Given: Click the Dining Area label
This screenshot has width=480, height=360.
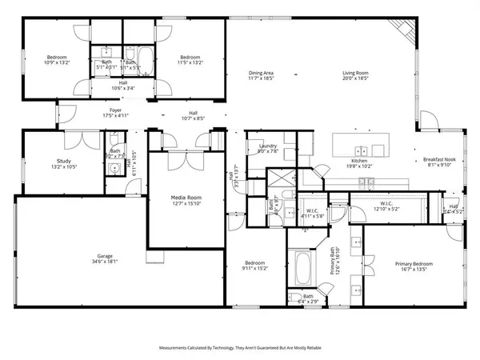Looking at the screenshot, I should tap(262, 74).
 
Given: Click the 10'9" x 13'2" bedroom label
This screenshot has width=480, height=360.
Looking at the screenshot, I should tap(57, 58).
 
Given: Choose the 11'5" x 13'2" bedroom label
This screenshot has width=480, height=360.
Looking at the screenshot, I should tap(190, 58).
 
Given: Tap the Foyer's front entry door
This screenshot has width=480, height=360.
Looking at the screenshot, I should tap(57, 115).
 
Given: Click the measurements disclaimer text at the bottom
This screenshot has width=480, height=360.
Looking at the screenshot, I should tap(239, 349).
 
